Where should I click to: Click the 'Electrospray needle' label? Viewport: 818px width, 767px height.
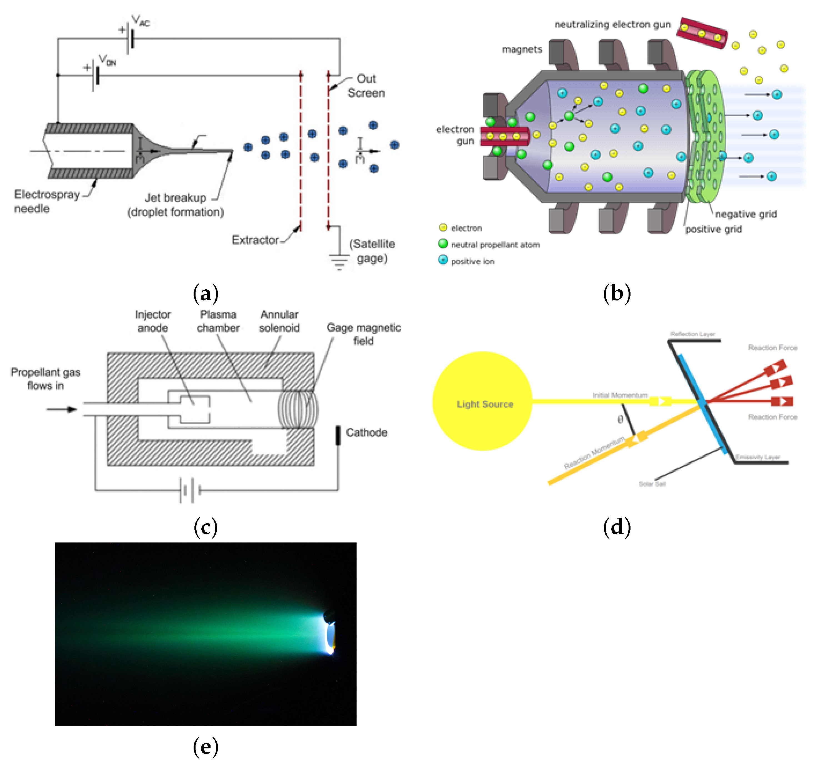[x=46, y=201]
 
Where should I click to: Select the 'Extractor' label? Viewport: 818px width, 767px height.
[x=255, y=240]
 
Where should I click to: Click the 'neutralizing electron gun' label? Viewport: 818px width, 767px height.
[x=612, y=25]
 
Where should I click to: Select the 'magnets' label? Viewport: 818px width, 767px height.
[x=522, y=49]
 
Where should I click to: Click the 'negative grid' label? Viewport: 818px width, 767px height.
[x=746, y=214]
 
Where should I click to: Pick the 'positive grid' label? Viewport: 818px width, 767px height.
[x=714, y=229]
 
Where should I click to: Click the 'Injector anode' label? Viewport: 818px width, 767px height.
[x=153, y=321]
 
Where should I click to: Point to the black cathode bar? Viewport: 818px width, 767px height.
[x=338, y=435]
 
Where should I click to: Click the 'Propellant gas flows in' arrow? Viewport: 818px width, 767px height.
[x=62, y=409]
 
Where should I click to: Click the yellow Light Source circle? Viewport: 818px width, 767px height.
[x=482, y=401]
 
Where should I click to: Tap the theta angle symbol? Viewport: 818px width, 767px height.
[x=620, y=419]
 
